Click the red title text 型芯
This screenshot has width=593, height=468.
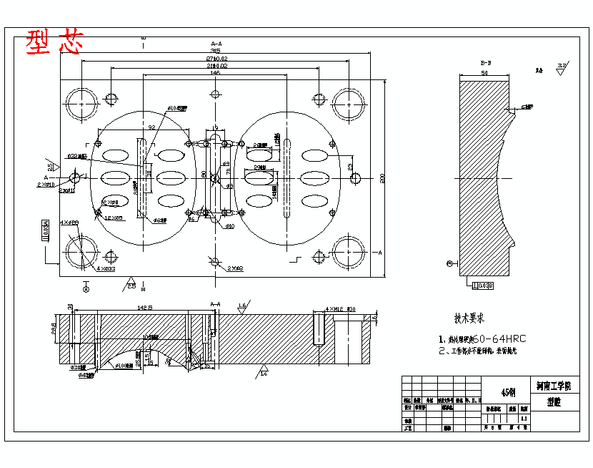point(54,42)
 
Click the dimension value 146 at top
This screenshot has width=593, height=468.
point(215,73)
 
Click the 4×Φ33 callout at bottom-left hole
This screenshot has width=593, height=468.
point(106,269)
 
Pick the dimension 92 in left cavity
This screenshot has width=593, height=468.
point(152,127)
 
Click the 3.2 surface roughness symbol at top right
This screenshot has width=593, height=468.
point(562,67)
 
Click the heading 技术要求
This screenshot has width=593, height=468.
point(469,318)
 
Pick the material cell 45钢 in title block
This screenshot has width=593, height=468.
point(508,392)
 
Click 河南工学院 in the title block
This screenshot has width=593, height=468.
point(554,386)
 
